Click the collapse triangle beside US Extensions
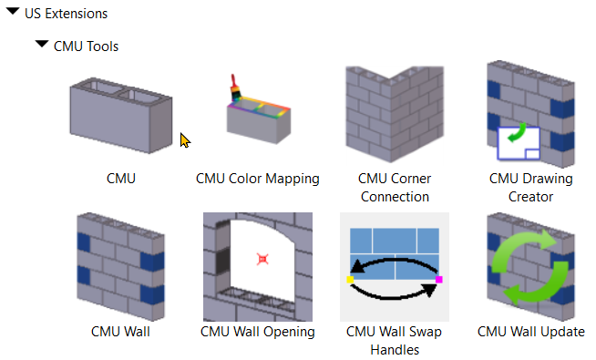13,13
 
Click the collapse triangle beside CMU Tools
41,44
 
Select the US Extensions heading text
66,14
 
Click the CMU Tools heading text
86,46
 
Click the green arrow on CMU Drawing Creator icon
518,136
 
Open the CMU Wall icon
120,262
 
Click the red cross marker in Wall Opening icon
262,260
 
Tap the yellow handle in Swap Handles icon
351,281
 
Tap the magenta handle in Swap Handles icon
438,280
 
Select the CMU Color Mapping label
258,179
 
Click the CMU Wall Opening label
258,332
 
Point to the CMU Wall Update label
530,332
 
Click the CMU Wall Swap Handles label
394,340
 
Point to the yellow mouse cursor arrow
185,139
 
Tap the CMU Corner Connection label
395,187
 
